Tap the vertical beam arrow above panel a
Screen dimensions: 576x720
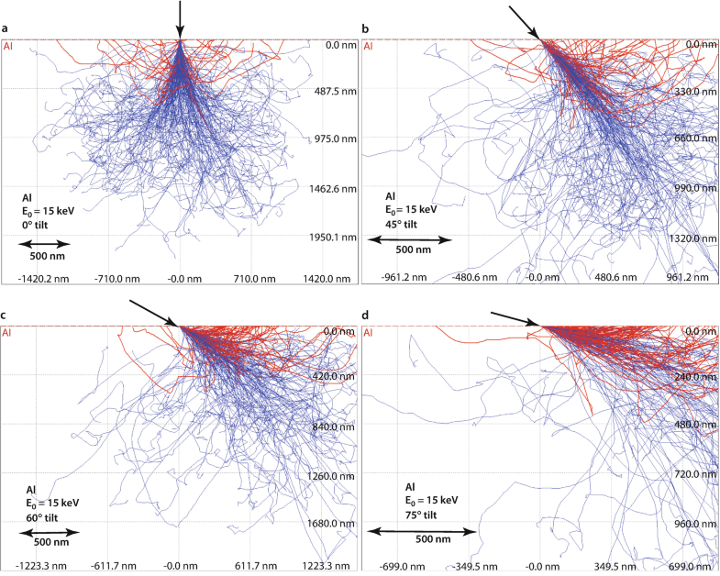click(x=180, y=18)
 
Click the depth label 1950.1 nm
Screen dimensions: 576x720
click(x=331, y=237)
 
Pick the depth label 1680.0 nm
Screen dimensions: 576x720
click(x=332, y=524)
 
